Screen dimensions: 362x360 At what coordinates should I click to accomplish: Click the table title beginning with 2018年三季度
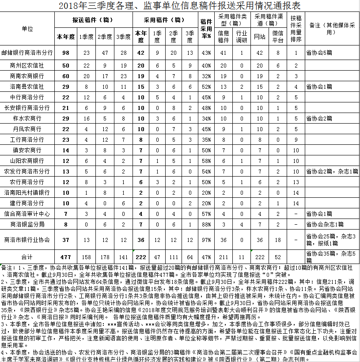click(179, 6)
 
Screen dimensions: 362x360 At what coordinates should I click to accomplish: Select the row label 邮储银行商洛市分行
click(27, 53)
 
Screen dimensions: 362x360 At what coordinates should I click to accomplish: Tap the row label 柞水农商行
click(27, 118)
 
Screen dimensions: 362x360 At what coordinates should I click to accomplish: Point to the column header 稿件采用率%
click(206, 27)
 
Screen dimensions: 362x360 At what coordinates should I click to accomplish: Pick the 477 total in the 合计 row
click(66, 256)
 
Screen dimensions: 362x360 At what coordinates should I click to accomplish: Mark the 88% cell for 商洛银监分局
click(206, 224)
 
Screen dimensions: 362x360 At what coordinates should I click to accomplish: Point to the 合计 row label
click(27, 256)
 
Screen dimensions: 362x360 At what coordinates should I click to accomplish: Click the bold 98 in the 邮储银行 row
click(66, 53)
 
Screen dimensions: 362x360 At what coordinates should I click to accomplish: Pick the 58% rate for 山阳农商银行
click(206, 161)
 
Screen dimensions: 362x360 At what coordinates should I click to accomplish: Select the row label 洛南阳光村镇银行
click(27, 192)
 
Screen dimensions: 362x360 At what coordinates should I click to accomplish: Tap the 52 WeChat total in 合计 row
click(278, 256)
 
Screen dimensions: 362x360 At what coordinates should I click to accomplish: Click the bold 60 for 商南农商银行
click(66, 76)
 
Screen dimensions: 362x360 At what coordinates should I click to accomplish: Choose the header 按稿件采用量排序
click(296, 27)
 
